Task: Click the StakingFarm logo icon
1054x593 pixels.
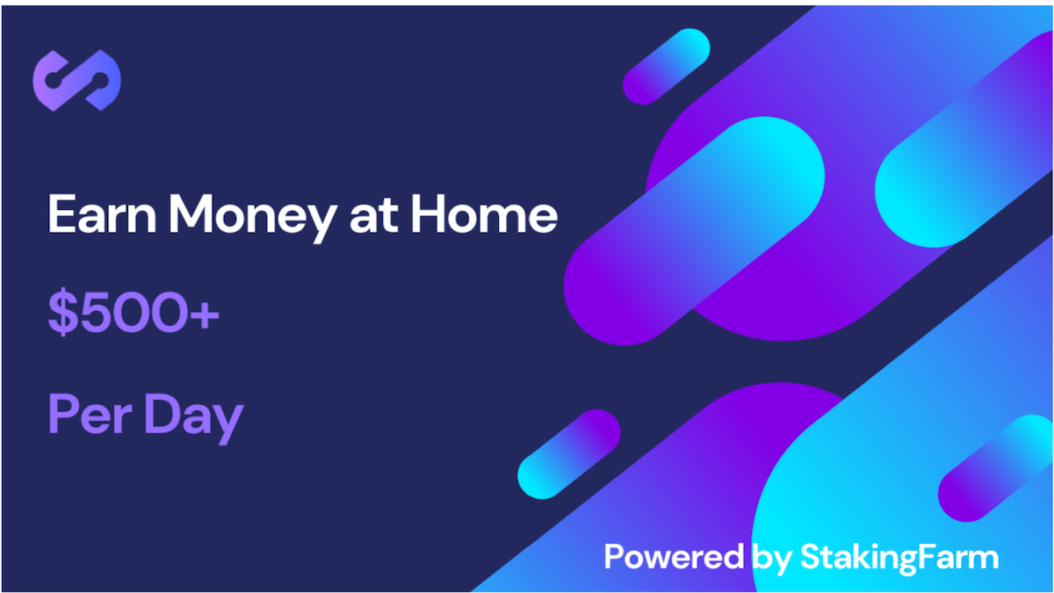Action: click(x=76, y=81)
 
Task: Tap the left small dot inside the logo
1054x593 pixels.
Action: click(x=55, y=80)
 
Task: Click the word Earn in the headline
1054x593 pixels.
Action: click(x=102, y=214)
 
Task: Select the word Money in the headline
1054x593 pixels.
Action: click(x=252, y=218)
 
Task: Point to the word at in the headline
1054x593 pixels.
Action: click(x=374, y=216)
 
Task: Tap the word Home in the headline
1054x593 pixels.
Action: click(x=485, y=214)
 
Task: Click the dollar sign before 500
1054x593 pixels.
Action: click(x=63, y=313)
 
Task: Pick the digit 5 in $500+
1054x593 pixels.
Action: click(x=97, y=313)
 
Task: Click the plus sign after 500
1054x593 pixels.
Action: click(x=204, y=314)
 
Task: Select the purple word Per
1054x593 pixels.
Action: click(x=90, y=414)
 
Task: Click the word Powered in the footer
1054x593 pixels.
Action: click(x=674, y=557)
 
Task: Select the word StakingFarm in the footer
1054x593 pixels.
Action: click(x=899, y=560)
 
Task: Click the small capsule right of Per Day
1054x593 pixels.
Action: click(x=569, y=454)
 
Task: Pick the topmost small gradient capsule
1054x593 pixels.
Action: click(x=667, y=67)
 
